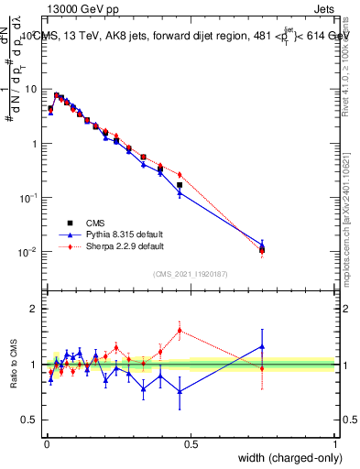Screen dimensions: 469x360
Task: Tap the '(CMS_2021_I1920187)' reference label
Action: [190, 274]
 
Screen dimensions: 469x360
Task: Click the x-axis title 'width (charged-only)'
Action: [284, 458]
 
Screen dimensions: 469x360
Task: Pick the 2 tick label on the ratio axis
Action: [34, 309]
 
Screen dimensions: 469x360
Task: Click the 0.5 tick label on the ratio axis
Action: [29, 420]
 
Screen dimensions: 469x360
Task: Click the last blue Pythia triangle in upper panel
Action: [262, 245]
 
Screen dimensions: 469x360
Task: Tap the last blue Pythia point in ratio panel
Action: [262, 347]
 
